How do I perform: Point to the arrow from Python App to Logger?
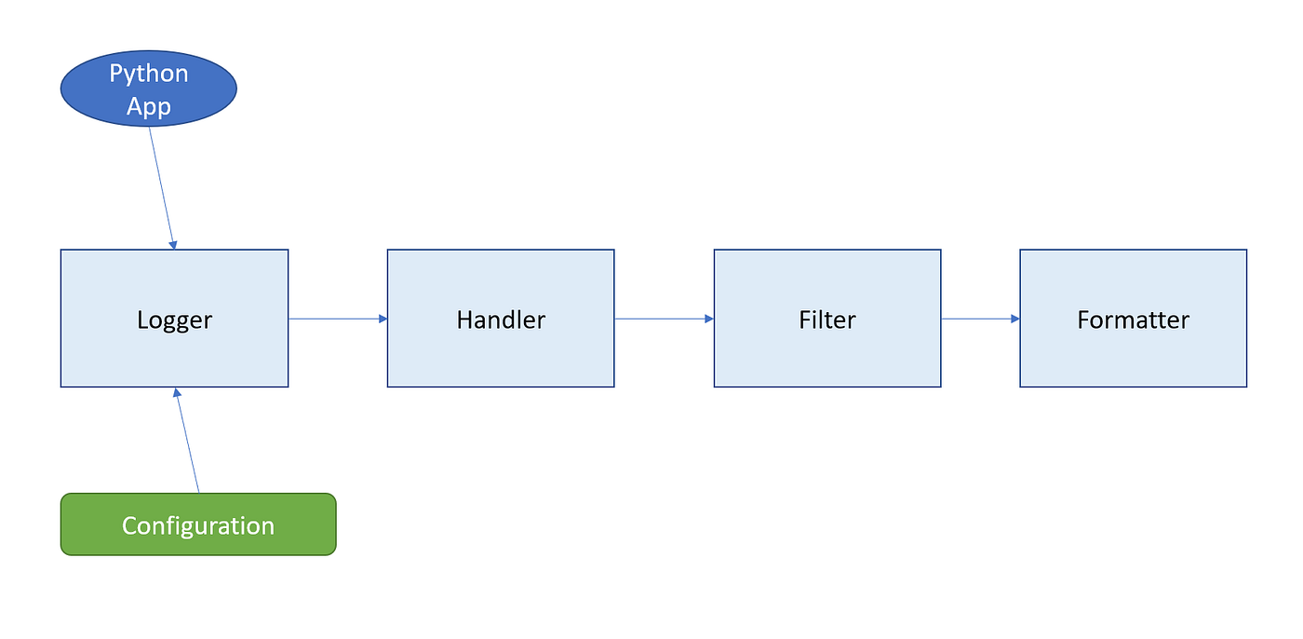click(x=161, y=186)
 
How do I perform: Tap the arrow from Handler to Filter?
click(x=662, y=319)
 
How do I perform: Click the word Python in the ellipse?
click(x=149, y=74)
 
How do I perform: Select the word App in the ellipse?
click(x=149, y=106)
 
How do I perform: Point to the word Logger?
click(x=174, y=320)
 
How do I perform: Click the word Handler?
click(x=501, y=320)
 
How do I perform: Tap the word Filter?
click(x=827, y=320)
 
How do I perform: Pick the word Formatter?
click(x=1133, y=320)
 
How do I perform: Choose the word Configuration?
click(x=198, y=525)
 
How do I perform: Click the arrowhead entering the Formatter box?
click(x=1014, y=319)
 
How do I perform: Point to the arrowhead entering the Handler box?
click(x=382, y=319)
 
